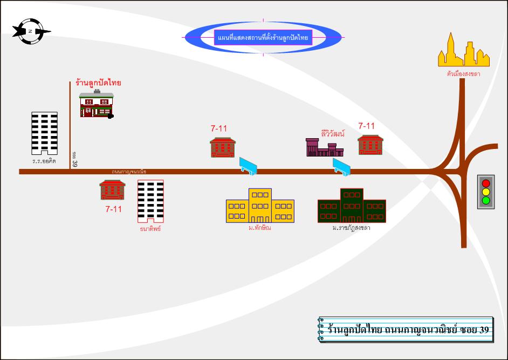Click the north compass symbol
(30, 31)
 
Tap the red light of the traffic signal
(486, 183)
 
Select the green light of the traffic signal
(486, 201)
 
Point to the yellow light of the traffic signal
(486, 192)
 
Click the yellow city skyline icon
(463, 51)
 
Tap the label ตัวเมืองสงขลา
(463, 74)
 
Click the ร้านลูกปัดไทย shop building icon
(97, 105)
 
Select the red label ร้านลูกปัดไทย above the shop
(99, 83)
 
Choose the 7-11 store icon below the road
(113, 190)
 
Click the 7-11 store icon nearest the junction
(370, 145)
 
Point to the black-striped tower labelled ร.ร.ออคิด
(44, 133)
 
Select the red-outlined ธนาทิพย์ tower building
(150, 201)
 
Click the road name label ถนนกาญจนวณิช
(129, 172)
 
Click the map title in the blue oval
(263, 38)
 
